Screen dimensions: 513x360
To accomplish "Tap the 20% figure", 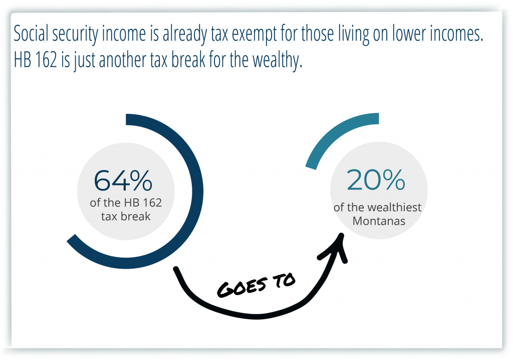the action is pyautogui.click(x=376, y=179).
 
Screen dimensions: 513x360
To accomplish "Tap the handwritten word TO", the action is pyautogui.click(x=284, y=280).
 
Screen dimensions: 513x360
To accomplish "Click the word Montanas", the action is pyautogui.click(x=379, y=221).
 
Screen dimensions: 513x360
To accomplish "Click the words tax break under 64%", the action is pyautogui.click(x=126, y=217).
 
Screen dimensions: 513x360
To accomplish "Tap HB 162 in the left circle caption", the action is pyautogui.click(x=143, y=203).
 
